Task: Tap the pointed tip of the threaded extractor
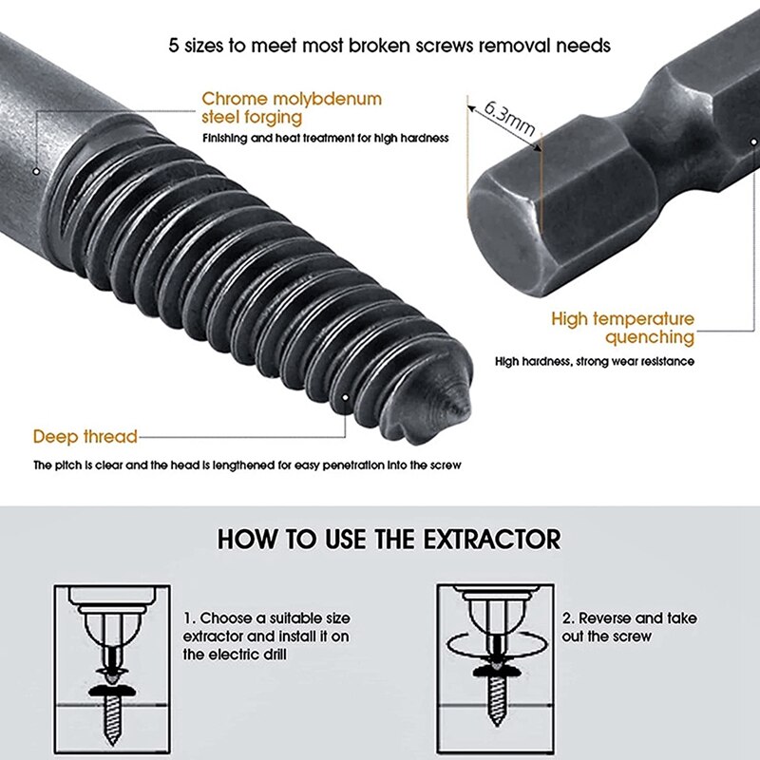coord(462,403)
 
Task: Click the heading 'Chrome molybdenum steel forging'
coord(291,107)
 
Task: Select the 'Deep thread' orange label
coord(85,437)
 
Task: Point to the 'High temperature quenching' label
coord(622,328)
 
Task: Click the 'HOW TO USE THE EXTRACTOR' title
coord(389,540)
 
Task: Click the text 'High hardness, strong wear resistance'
coord(594,361)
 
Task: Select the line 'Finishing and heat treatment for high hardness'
coord(325,139)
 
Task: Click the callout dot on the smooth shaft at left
coord(37,172)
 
